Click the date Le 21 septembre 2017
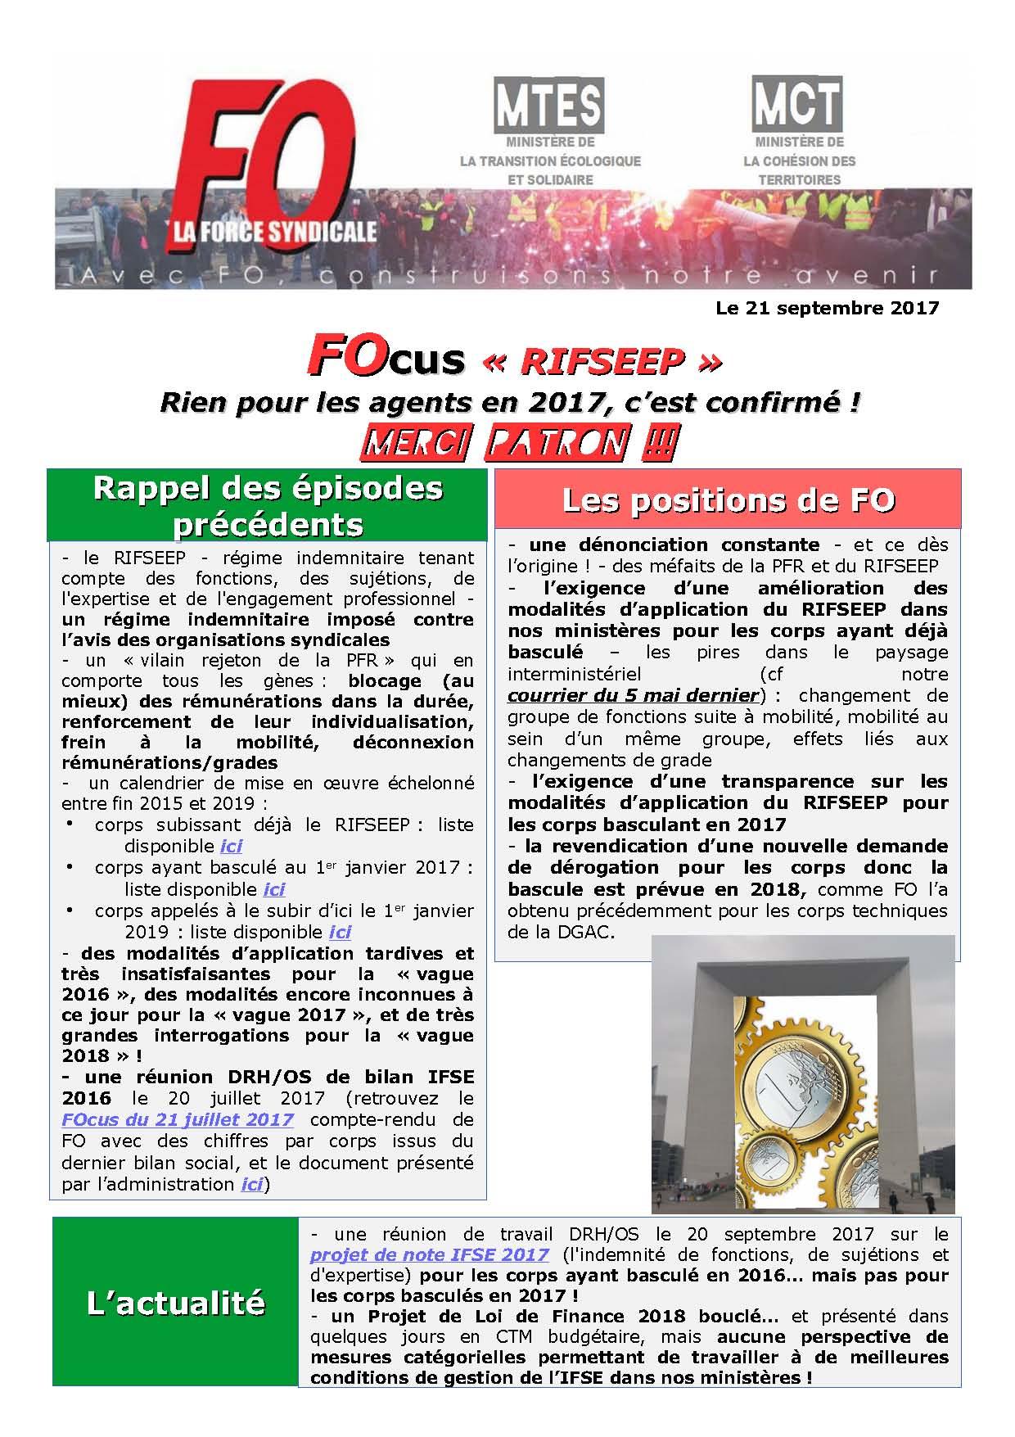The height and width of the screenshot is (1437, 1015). [x=827, y=308]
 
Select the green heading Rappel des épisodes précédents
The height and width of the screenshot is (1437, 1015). [x=268, y=504]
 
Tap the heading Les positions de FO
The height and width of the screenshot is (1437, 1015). [x=727, y=499]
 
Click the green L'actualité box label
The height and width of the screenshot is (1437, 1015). [x=176, y=1302]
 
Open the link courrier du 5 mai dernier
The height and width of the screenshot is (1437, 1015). [x=633, y=696]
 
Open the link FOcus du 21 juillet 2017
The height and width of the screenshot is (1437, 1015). [x=177, y=1119]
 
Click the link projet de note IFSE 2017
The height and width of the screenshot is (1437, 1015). [x=429, y=1254]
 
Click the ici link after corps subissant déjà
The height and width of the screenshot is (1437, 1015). [x=231, y=846]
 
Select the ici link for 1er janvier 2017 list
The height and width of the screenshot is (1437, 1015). [x=273, y=888]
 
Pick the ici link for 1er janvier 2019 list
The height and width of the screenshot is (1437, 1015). [x=340, y=932]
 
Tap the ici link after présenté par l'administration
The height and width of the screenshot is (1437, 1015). [x=251, y=1183]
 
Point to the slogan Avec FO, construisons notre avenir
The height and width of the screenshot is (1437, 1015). [x=513, y=275]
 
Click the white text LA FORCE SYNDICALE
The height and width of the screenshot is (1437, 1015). [x=273, y=232]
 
